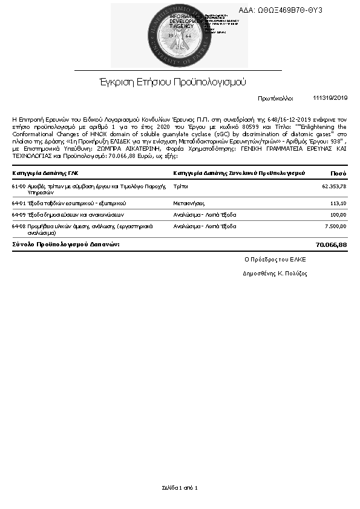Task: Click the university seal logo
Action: coord(178,36)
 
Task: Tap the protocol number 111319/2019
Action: coord(330,97)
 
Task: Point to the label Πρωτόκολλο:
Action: coord(275,97)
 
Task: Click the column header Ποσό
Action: coord(338,173)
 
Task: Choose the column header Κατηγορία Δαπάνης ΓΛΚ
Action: coord(45,173)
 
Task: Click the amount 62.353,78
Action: coord(334,186)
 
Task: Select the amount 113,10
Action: coord(338,203)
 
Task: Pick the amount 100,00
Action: coord(338,214)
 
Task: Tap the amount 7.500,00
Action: coord(335,226)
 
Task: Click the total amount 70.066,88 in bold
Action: coord(331,245)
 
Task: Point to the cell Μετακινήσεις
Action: coord(189,203)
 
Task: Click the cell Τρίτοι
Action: coord(180,186)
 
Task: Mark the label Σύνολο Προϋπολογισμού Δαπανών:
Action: coord(66,245)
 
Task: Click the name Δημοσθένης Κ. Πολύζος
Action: coord(275,274)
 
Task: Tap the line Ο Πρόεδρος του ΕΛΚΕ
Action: coord(275,259)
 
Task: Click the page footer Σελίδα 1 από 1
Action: coord(180,487)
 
